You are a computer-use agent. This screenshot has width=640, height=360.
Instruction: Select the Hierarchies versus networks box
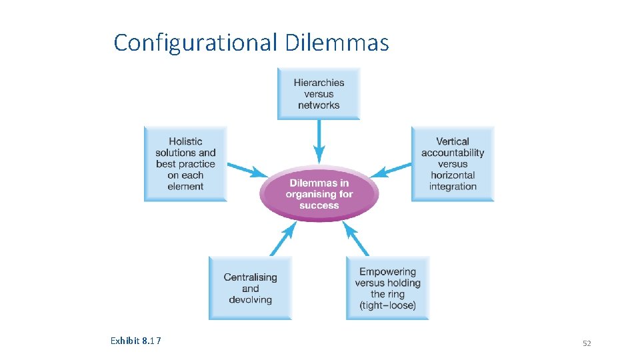pos(319,94)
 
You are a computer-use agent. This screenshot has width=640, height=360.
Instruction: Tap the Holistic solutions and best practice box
pos(185,164)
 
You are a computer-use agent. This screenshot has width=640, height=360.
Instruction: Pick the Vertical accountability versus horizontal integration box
pos(453,164)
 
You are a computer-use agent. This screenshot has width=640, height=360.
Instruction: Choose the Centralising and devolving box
pos(250,288)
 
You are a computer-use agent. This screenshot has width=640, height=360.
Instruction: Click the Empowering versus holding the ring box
pos(387,288)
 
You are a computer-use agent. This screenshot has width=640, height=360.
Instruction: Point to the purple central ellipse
pos(319,194)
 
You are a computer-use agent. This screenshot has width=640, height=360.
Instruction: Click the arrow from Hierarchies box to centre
pos(319,142)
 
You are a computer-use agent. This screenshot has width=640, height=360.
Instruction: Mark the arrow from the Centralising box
pos(283,239)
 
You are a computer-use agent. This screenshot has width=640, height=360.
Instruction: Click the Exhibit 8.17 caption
pos(136,341)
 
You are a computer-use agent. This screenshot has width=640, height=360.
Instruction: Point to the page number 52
pos(587,343)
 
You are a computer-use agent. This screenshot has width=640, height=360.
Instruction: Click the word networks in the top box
pos(319,105)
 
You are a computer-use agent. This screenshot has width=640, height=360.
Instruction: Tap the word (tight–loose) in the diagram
pos(387,305)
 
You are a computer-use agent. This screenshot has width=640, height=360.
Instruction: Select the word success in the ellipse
pos(319,205)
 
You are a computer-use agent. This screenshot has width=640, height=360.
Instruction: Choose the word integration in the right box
pos(453,187)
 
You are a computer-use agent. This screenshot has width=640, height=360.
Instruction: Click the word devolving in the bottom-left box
pos(250,300)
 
